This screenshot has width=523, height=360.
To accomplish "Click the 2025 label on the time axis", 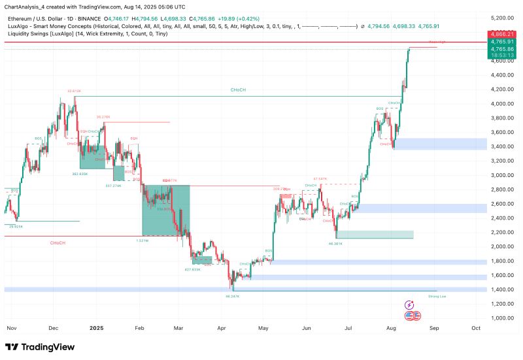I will [97, 328].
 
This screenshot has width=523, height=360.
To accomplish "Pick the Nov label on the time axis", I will [10, 328].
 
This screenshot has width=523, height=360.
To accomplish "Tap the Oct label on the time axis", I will [476, 328].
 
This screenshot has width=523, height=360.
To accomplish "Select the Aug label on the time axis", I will [390, 328].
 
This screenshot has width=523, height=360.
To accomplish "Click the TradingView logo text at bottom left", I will [41, 347].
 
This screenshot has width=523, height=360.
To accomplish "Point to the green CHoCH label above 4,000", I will [238, 90].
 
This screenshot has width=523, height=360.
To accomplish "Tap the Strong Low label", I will [437, 296].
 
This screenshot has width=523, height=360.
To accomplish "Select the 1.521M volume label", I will [142, 240].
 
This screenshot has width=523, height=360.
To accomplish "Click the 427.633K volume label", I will [192, 269].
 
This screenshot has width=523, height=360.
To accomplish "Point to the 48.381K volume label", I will [336, 243].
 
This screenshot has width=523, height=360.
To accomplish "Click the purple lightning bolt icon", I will [410, 304].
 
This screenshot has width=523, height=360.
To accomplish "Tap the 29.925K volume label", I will [16, 226].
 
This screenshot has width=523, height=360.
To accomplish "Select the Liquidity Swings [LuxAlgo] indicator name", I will [37, 33].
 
